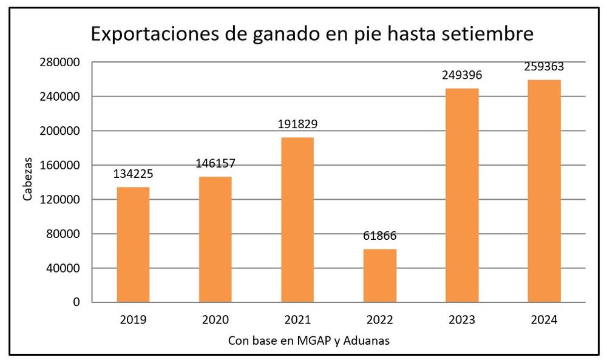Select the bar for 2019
point(133,245)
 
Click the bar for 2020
point(215,239)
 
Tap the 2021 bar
point(297,220)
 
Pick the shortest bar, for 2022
point(380,276)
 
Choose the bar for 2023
point(462,195)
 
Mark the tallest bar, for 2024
point(544,191)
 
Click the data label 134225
point(133,174)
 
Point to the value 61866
point(380,236)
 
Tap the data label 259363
point(544,66)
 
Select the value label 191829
point(297,124)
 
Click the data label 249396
point(462,75)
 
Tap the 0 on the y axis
point(76,302)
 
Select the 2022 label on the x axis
point(380,320)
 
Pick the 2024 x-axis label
point(544,320)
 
